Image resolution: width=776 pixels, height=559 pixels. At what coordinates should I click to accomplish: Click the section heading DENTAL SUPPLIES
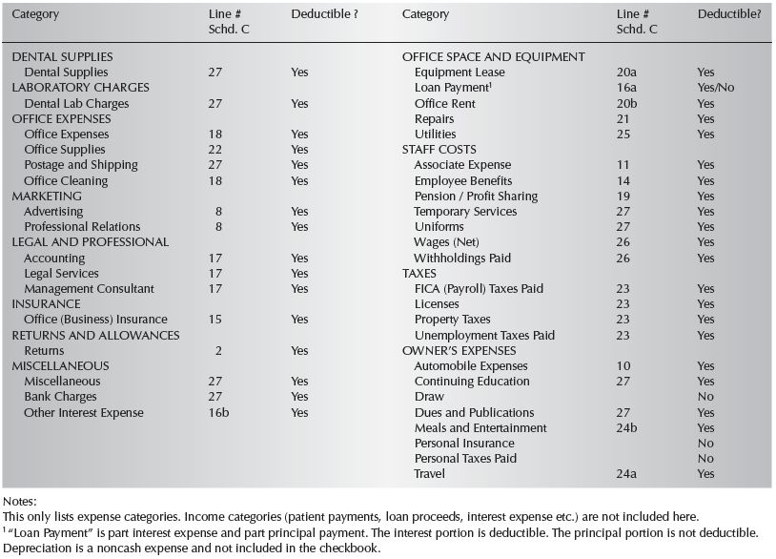tap(62, 57)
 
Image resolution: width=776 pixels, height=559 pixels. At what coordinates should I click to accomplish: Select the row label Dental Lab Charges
tap(76, 103)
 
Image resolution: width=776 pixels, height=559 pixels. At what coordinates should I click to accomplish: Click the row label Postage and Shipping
tap(81, 165)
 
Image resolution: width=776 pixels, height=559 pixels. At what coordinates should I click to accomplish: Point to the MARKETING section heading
tap(47, 196)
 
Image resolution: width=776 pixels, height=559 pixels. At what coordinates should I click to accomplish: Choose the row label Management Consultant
tap(89, 288)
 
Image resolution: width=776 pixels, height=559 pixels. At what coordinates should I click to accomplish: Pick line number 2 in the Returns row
tap(219, 350)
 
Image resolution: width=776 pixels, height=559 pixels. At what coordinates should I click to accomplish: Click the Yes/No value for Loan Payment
tap(716, 88)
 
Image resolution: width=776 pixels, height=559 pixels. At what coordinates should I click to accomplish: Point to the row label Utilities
tap(436, 135)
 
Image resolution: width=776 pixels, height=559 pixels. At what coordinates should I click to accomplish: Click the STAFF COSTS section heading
tap(439, 150)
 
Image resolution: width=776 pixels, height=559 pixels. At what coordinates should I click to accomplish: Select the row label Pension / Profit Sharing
tap(476, 196)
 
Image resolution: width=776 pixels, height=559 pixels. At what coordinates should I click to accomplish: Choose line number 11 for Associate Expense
tap(623, 165)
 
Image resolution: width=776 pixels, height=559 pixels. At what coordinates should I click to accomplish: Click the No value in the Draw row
tap(705, 396)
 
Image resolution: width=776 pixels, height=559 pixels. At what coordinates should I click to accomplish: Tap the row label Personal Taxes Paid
tap(465, 458)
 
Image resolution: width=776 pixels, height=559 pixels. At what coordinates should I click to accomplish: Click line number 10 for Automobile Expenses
tap(624, 365)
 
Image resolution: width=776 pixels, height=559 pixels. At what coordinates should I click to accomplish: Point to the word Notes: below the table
tap(19, 499)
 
